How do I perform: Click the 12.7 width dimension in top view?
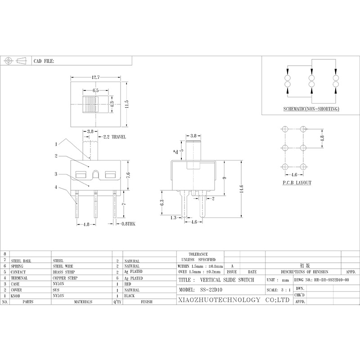click(96, 77)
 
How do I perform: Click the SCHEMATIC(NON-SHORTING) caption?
click(311, 109)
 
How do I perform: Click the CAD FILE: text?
click(44, 61)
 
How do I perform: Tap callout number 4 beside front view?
click(56, 188)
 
